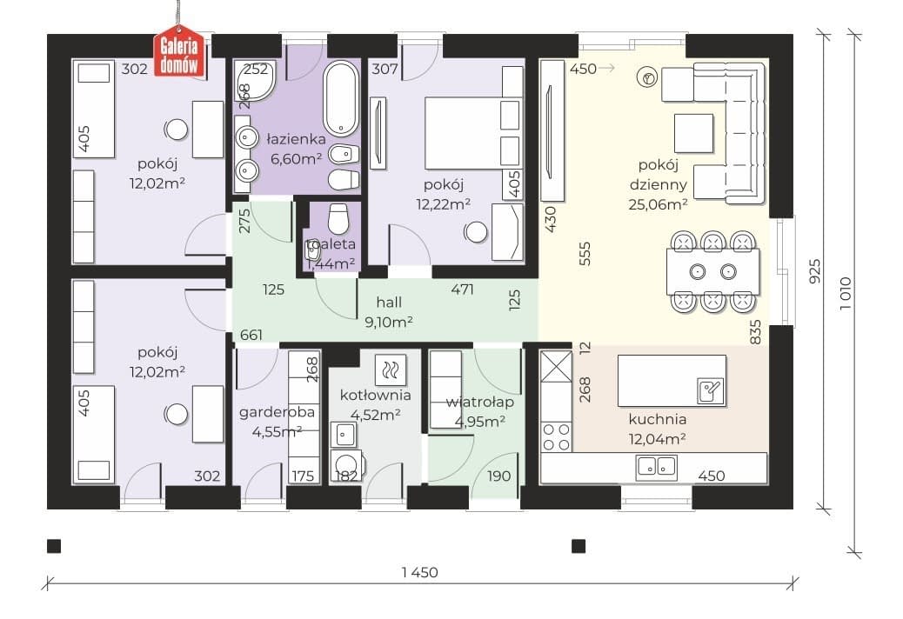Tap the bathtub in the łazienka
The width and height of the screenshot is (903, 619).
[341, 98]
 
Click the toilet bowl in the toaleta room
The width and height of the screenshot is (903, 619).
[338, 216]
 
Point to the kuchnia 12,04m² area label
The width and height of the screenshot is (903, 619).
[657, 429]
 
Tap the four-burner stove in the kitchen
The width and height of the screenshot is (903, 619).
[556, 436]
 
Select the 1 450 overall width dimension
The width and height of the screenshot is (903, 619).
[420, 572]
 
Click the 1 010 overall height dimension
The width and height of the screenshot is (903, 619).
[845, 293]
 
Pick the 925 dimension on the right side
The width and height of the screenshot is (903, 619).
[815, 271]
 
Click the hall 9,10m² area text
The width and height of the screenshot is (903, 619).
[389, 312]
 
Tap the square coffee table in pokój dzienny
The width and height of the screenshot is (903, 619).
[693, 133]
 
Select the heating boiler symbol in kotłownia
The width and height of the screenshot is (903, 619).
[390, 369]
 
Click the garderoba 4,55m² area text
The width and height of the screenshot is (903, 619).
[277, 422]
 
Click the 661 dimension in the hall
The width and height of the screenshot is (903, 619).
[251, 334]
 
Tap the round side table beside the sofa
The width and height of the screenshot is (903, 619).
[647, 77]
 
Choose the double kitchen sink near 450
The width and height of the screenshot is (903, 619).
[657, 467]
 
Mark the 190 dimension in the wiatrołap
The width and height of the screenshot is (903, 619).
[498, 476]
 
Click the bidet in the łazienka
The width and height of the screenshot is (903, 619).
[344, 155]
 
